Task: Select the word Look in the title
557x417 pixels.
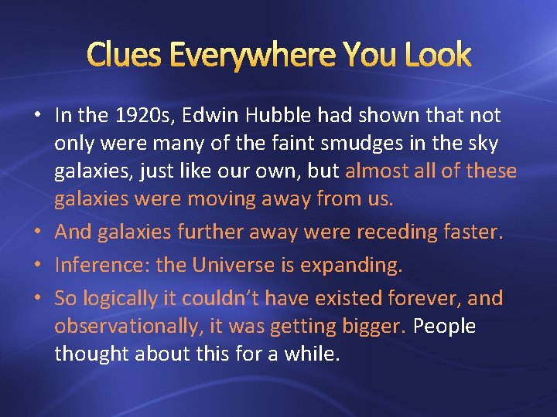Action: click(x=433, y=55)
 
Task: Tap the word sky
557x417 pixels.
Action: click(x=483, y=144)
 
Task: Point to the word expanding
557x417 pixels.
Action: click(x=359, y=265)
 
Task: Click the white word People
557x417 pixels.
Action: click(x=444, y=327)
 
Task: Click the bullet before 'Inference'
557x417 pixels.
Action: click(x=38, y=265)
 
